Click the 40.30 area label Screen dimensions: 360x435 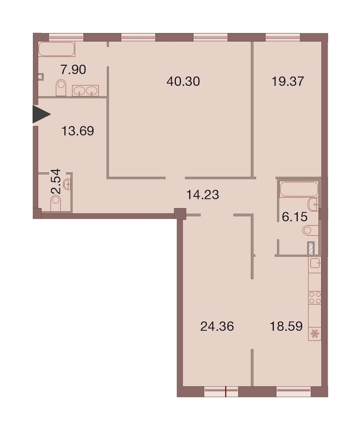click(x=183, y=82)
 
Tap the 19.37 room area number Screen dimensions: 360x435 click(x=288, y=82)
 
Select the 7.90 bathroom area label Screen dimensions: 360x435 click(x=73, y=69)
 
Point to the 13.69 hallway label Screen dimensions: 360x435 click(x=77, y=131)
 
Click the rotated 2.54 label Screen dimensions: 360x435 click(x=56, y=181)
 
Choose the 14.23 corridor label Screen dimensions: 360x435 click(x=202, y=195)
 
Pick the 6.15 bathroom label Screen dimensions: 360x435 click(x=294, y=217)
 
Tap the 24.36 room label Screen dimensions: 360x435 click(x=217, y=327)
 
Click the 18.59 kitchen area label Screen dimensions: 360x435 click(x=286, y=327)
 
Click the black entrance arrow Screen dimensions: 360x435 click(x=40, y=114)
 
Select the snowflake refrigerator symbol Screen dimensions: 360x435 click(x=314, y=334)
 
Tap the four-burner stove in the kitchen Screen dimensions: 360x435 click(x=315, y=298)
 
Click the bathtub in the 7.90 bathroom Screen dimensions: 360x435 click(x=56, y=49)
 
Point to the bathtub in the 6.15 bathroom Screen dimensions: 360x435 click(x=299, y=189)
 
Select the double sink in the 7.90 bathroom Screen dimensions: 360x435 click(x=86, y=90)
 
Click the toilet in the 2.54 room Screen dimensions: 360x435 click(x=56, y=203)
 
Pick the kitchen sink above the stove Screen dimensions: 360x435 click(x=315, y=263)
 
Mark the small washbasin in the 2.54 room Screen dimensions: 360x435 click(x=67, y=184)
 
